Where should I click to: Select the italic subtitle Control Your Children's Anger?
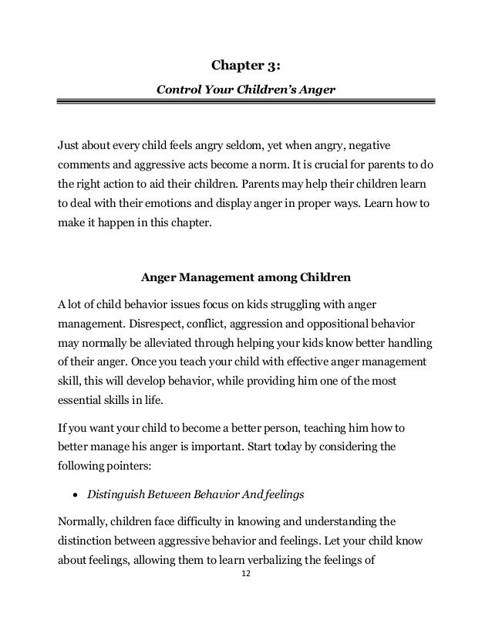[x=245, y=89]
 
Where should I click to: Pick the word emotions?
[x=179, y=205]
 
